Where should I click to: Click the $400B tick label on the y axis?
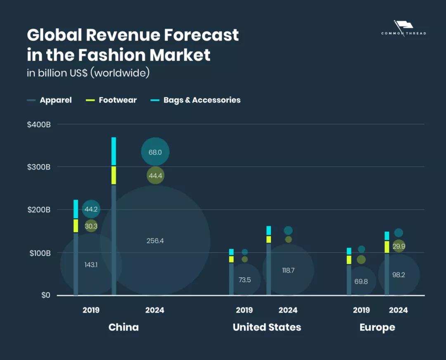(x=39, y=124)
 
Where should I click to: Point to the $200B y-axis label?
(x=39, y=210)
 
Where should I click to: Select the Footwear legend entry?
(x=117, y=100)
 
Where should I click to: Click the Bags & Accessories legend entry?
(x=202, y=100)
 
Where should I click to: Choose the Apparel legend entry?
(x=55, y=100)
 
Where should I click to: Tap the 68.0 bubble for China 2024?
(x=155, y=152)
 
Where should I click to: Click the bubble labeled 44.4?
(x=156, y=176)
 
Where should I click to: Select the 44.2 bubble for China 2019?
(x=91, y=209)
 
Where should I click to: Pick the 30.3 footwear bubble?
(x=91, y=226)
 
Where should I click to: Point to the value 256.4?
(x=155, y=241)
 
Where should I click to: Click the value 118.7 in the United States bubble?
(x=288, y=270)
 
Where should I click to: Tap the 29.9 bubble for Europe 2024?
(x=399, y=246)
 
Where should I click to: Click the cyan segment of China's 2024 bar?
(x=114, y=151)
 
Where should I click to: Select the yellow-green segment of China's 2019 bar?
(x=76, y=226)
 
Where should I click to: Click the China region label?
(x=123, y=327)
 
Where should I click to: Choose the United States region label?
(x=267, y=327)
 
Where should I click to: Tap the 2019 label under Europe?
(x=361, y=310)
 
